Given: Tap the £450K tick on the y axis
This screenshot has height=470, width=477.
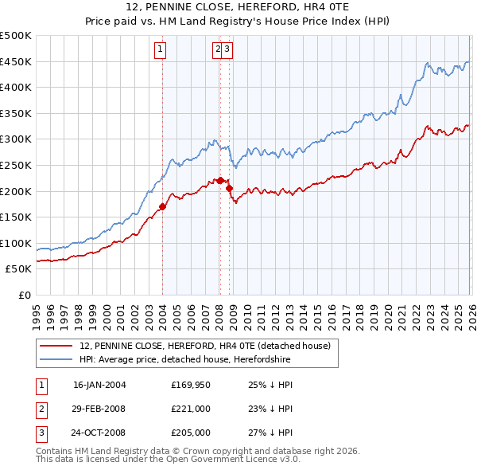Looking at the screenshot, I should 17,61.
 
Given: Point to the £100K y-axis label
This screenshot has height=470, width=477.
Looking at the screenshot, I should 17,243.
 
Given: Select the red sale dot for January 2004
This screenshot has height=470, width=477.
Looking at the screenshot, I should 162,206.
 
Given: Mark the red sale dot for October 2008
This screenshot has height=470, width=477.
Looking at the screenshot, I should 229,189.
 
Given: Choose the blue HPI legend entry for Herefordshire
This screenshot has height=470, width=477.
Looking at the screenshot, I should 184,360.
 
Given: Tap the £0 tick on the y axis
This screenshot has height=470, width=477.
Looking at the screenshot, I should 23,295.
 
